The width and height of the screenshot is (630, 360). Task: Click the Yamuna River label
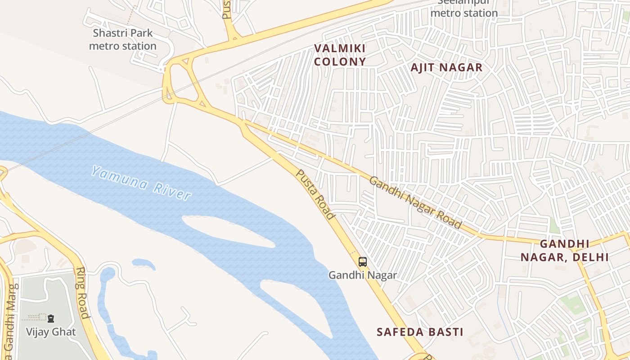(141, 183)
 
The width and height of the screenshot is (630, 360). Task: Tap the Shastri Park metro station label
(122, 40)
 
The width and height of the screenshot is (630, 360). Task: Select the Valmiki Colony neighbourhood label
(340, 55)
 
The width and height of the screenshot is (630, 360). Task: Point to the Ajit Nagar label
(446, 67)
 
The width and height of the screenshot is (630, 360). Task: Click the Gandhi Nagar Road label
(415, 202)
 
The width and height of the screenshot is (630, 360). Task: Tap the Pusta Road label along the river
(315, 194)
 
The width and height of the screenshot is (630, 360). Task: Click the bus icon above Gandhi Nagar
(362, 261)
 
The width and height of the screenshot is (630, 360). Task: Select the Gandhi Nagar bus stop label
(362, 275)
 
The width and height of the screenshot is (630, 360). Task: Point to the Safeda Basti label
(420, 332)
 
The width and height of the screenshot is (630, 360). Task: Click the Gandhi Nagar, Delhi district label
(565, 251)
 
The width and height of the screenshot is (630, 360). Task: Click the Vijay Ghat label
(51, 332)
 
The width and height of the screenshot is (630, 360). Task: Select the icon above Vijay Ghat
(51, 318)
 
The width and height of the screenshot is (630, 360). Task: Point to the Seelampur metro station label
(464, 9)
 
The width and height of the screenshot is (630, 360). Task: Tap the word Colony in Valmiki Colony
(340, 62)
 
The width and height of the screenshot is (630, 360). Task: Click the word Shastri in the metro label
(108, 33)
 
